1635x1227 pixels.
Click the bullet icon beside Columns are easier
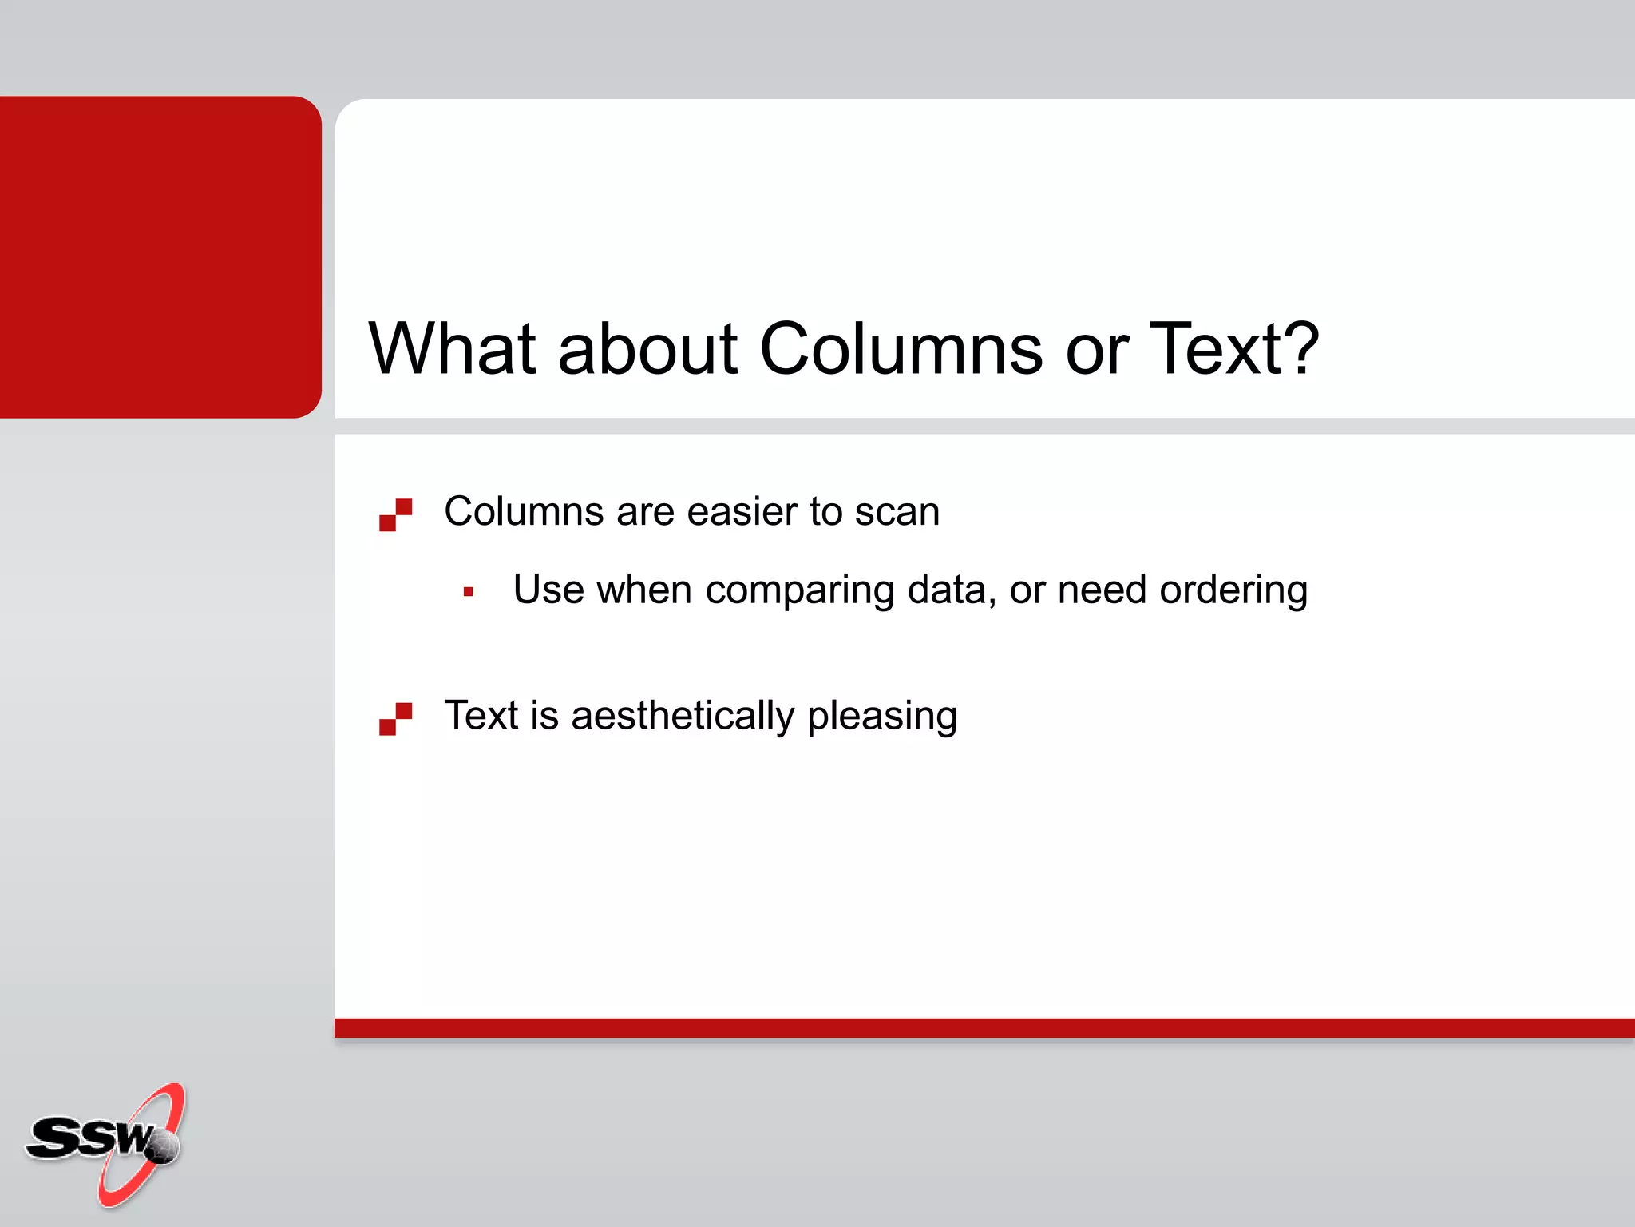[395, 514]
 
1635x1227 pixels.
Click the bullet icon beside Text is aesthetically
[395, 718]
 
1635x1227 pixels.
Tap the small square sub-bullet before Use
[469, 592]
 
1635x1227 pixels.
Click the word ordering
[1233, 591]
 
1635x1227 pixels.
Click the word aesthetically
[683, 716]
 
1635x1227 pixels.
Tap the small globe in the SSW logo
[163, 1147]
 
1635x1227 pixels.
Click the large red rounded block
[160, 256]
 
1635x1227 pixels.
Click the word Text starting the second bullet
[481, 716]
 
